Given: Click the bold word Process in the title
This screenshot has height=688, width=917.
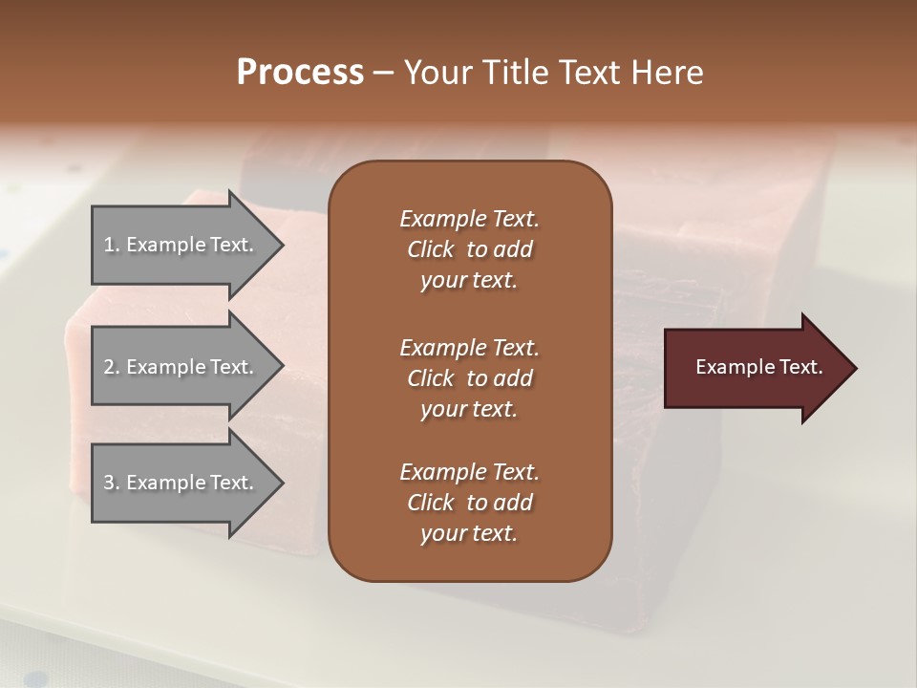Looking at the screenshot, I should click(300, 73).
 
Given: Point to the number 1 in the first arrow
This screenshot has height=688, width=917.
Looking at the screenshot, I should click(108, 245).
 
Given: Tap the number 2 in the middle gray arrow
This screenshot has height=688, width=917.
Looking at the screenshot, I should click(109, 367).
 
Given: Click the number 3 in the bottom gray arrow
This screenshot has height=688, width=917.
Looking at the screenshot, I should click(109, 483).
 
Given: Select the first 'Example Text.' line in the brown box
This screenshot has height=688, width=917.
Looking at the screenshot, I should click(469, 219).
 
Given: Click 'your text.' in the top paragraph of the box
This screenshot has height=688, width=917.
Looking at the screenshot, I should click(469, 280).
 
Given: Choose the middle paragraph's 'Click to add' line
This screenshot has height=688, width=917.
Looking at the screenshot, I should click(469, 378).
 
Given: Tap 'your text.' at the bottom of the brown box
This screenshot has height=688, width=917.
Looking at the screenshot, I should click(469, 533).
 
